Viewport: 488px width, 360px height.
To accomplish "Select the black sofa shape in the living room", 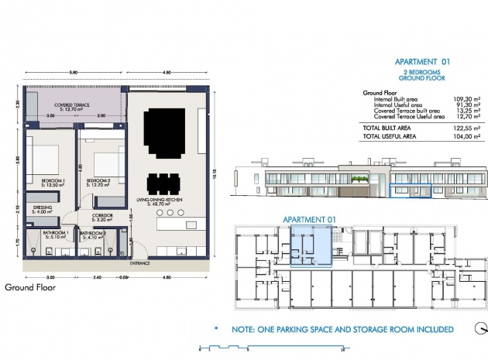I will (168, 124).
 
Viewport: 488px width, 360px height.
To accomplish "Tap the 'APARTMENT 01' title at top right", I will (422, 62).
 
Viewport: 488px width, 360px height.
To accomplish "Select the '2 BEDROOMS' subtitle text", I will (422, 72).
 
